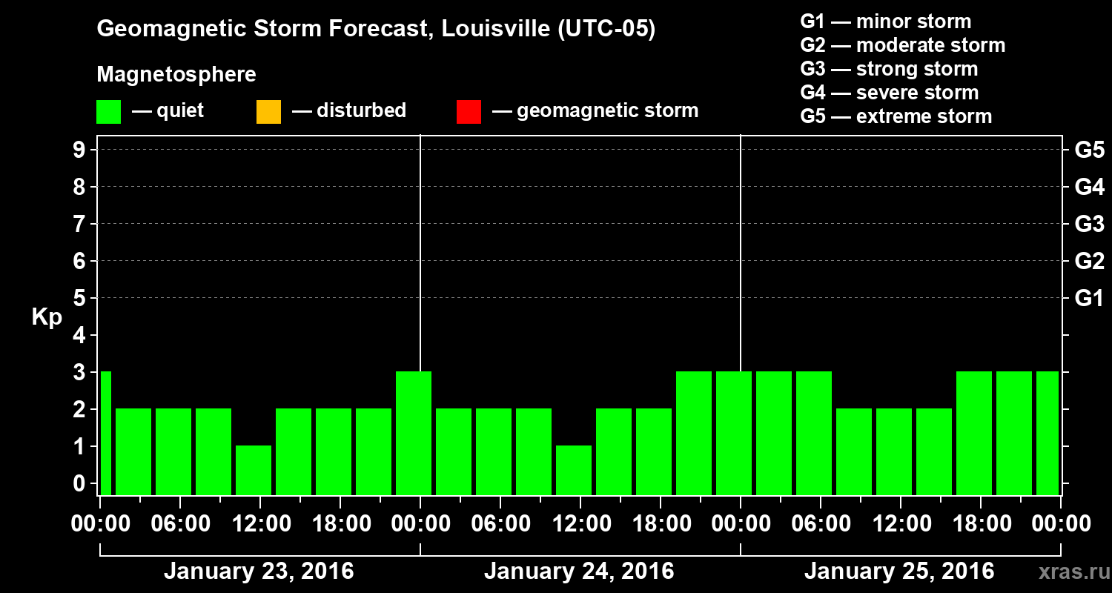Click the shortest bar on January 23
(254, 470)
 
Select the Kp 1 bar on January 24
(574, 470)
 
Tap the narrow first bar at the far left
(105, 433)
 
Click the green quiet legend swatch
(108, 111)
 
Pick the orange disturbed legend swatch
(268, 111)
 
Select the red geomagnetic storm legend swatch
(469, 111)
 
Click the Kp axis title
(47, 317)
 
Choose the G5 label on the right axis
(1089, 150)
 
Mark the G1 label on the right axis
(1089, 298)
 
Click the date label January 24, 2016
(579, 572)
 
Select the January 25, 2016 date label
(899, 572)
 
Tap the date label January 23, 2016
(259, 572)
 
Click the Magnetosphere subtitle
(176, 75)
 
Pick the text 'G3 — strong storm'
(889, 69)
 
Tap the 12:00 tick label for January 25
(899, 524)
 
